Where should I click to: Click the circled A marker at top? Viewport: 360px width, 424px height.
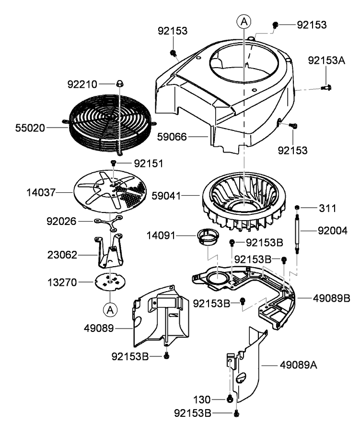pyautogui.click(x=244, y=21)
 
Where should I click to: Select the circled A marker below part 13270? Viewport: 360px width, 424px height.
pyautogui.click(x=110, y=310)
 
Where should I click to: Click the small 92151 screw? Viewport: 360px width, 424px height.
pyautogui.click(x=114, y=164)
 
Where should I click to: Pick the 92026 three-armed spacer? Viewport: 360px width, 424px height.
pyautogui.click(x=109, y=221)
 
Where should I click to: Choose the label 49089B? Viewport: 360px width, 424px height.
pyautogui.click(x=332, y=298)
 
